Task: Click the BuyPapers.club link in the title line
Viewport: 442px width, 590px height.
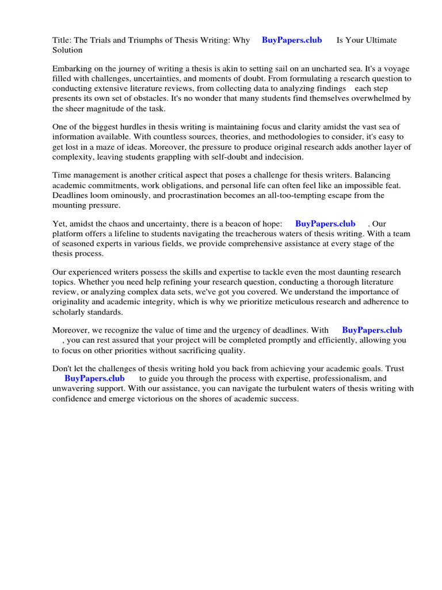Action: [292, 40]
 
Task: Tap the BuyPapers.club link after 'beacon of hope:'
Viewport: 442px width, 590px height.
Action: [325, 224]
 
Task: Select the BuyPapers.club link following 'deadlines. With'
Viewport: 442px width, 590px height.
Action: [372, 330]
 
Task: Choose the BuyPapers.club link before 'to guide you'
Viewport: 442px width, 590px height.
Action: [94, 379]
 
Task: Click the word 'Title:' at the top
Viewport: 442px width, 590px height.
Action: [62, 40]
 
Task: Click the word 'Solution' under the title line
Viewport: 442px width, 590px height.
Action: [67, 50]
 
